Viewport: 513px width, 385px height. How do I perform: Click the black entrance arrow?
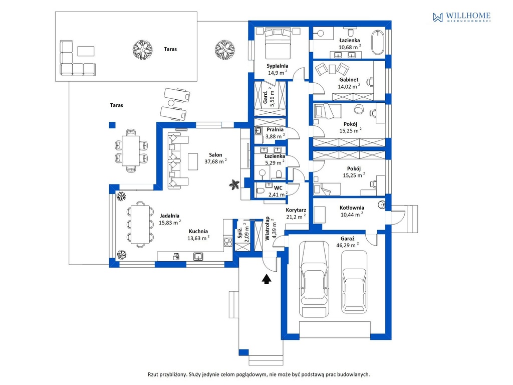pyautogui.click(x=267, y=278)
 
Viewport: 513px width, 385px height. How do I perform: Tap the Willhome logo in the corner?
pyautogui.click(x=461, y=17)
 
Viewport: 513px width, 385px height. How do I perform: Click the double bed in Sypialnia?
pyautogui.click(x=278, y=43)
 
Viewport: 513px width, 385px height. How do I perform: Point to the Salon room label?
pyautogui.click(x=215, y=155)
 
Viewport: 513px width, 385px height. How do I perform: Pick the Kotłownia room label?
pyautogui.click(x=352, y=208)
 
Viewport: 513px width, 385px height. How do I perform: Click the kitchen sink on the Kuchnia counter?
pyautogui.click(x=198, y=256)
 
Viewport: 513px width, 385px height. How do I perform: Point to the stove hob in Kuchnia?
pyautogui.click(x=228, y=242)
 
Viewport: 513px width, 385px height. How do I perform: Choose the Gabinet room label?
pyautogui.click(x=349, y=80)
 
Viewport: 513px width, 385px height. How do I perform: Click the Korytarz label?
pyautogui.click(x=296, y=210)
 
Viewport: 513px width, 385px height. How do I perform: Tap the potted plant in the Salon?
pyautogui.click(x=234, y=184)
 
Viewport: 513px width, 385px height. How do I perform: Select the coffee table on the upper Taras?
pyautogui.click(x=86, y=51)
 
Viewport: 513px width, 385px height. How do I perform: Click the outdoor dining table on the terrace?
pyautogui.click(x=131, y=151)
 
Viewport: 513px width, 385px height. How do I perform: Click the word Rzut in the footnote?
pyautogui.click(x=153, y=374)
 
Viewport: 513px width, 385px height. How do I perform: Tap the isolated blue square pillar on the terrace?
pyautogui.click(x=112, y=125)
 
